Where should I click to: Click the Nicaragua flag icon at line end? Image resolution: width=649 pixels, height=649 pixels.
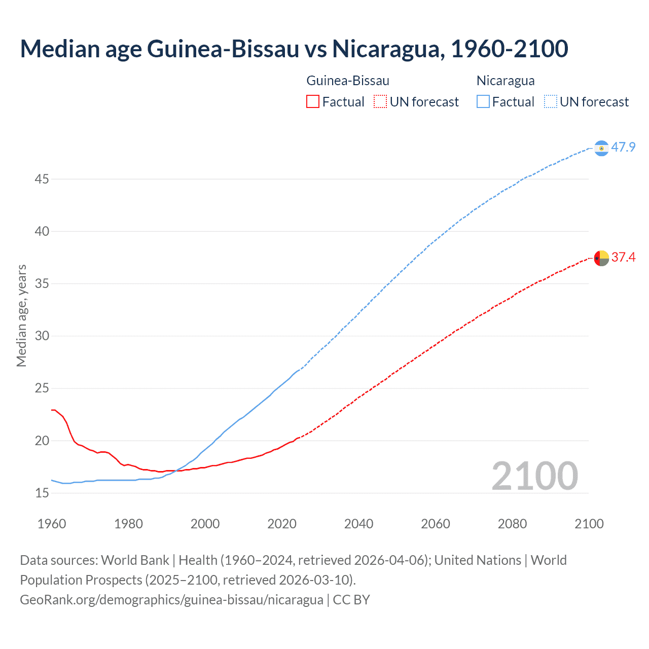(x=601, y=148)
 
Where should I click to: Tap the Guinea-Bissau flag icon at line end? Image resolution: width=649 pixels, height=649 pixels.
(x=601, y=258)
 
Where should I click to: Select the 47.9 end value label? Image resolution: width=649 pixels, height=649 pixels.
(x=623, y=148)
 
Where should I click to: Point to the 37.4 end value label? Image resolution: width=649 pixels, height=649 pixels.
(x=623, y=258)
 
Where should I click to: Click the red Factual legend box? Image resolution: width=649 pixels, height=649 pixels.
(x=313, y=102)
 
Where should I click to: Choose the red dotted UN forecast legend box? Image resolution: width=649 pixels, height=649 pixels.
(x=380, y=102)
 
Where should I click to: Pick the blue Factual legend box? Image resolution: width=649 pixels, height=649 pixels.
(x=483, y=102)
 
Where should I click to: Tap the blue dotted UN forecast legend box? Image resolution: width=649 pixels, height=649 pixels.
(x=550, y=102)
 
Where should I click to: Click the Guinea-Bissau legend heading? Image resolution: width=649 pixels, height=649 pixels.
(x=348, y=81)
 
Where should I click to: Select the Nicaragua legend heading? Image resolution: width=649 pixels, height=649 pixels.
(x=506, y=81)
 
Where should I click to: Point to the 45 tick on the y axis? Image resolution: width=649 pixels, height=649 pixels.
(x=42, y=179)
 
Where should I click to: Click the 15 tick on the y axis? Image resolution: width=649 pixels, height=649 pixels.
(x=42, y=493)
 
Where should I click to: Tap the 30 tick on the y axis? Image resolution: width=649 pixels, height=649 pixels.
(x=42, y=336)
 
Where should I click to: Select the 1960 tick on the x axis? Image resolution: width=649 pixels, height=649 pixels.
(x=52, y=524)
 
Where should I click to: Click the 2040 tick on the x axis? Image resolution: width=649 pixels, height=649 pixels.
(x=358, y=524)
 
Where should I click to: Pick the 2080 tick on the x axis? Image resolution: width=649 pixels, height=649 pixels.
(x=512, y=524)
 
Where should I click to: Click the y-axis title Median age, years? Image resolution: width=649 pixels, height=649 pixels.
(x=21, y=315)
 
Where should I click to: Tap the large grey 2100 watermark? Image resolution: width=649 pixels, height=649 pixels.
(x=534, y=476)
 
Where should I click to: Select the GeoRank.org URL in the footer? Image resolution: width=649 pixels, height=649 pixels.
(x=171, y=600)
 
